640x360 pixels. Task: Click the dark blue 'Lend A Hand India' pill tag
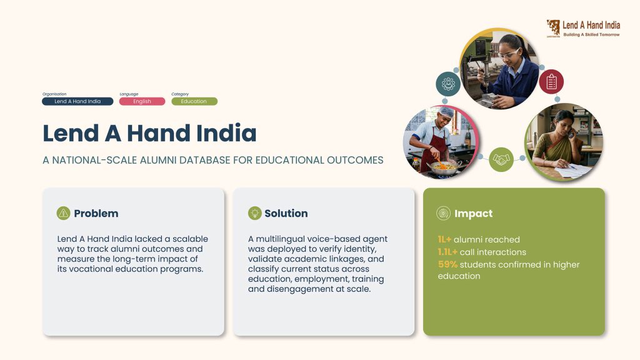tap(77, 101)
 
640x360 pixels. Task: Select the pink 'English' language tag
tap(142, 101)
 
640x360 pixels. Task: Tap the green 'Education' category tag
tap(194, 101)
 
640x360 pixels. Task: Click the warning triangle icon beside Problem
tap(63, 213)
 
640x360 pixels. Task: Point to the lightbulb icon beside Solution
tap(255, 213)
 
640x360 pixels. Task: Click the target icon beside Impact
tap(443, 213)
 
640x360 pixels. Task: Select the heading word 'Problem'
tap(96, 214)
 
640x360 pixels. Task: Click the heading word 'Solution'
tap(286, 214)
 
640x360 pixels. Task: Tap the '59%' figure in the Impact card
tap(447, 264)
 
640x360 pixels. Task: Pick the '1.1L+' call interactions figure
tap(447, 252)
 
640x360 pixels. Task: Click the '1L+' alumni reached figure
tap(444, 239)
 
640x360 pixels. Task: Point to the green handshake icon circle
tap(501, 159)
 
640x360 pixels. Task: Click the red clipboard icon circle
tap(551, 82)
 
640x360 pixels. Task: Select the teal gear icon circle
tap(448, 84)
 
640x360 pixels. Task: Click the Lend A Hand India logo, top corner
tap(583, 29)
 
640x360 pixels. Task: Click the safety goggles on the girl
tap(508, 54)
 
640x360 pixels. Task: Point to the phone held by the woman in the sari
tap(571, 133)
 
